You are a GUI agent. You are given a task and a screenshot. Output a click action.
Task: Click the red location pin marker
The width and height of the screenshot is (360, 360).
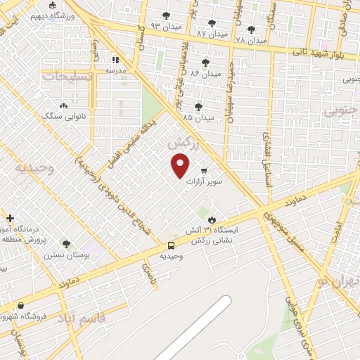pos(181,166)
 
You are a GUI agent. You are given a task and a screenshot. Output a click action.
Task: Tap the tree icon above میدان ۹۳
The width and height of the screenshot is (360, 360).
pos(166,15)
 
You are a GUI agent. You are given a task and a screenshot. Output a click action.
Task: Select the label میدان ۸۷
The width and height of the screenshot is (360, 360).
pos(212,33)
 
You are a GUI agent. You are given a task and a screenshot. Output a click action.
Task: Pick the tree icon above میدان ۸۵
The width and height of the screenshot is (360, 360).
pos(199,107)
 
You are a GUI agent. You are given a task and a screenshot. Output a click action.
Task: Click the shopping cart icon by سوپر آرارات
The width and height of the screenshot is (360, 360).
pos(204,171)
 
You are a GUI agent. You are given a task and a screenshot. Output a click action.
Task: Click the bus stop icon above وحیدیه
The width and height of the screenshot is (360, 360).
pos(172,245)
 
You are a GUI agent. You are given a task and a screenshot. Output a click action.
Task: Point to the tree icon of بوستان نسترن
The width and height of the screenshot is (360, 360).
pos(66,243)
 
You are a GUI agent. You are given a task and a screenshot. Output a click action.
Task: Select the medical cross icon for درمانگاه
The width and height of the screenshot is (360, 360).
pos(10,219)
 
